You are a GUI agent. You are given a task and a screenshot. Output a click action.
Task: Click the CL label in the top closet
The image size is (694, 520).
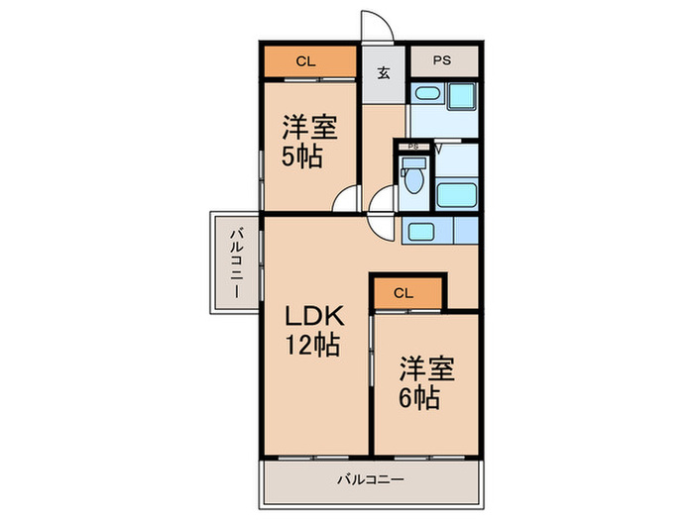tap(305, 61)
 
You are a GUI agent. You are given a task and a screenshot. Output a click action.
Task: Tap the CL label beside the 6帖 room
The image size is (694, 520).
tap(404, 293)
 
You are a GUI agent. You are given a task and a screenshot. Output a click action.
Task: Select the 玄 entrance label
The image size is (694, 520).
tap(384, 73)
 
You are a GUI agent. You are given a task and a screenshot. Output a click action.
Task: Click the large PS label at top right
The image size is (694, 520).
tap(442, 60)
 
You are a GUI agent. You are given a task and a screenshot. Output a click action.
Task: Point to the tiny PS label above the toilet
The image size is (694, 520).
tap(413, 147)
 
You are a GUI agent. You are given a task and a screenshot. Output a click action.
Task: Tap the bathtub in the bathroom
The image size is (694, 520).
tap(457, 195)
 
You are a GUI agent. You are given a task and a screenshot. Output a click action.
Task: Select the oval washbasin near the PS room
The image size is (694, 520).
tap(427, 93)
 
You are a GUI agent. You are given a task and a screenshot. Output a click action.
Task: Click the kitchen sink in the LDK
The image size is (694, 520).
tap(420, 232)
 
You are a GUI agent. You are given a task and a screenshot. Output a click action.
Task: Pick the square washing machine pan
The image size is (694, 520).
tap(462, 96)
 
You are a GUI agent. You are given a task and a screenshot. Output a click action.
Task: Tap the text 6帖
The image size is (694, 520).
tap(419, 398)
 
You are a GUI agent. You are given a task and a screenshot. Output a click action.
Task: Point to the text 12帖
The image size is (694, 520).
tap(312, 345)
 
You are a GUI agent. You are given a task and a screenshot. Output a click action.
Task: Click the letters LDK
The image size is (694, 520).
tap(314, 316)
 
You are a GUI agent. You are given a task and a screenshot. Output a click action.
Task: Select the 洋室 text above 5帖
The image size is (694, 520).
tap(310, 128)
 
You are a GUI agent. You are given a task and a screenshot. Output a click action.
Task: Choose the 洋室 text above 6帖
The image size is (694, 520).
tap(427, 368)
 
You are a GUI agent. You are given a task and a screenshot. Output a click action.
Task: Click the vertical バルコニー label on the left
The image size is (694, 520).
tap(236, 262)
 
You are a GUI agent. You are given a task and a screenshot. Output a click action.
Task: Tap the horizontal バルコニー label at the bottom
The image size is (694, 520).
tap(371, 479)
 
